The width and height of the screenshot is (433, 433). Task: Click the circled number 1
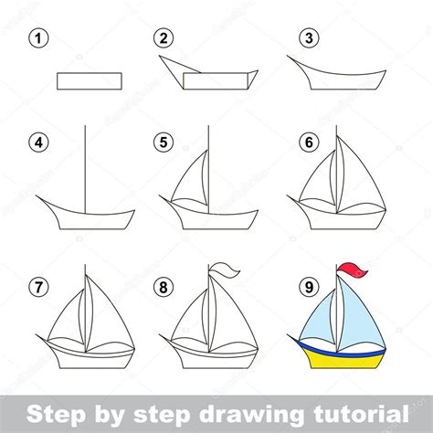(x=37, y=38)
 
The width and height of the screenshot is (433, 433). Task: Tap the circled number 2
(x=164, y=38)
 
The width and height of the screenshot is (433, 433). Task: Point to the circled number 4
(x=37, y=143)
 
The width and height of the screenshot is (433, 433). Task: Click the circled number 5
(x=164, y=143)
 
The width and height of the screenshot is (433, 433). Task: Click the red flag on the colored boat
(x=354, y=271)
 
